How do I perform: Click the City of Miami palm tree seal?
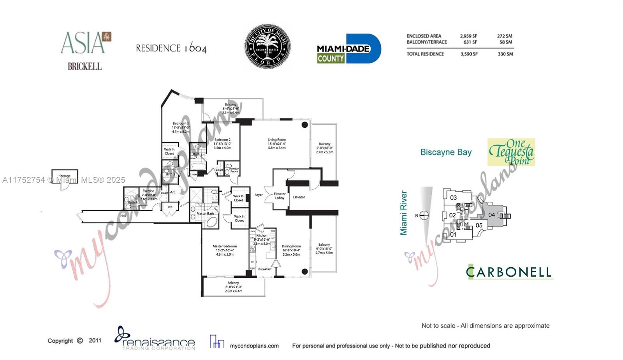(268, 46)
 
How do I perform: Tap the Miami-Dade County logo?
(348, 49)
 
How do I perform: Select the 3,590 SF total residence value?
(469, 54)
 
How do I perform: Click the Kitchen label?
(262, 235)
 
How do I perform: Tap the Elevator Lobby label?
(280, 196)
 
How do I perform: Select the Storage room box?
(65, 176)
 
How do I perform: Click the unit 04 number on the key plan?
(492, 215)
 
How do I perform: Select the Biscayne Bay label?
(446, 152)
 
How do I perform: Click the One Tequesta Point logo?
(511, 152)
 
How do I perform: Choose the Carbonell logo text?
(509, 272)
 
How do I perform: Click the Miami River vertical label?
(404, 213)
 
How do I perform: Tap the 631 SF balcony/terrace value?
(470, 42)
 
